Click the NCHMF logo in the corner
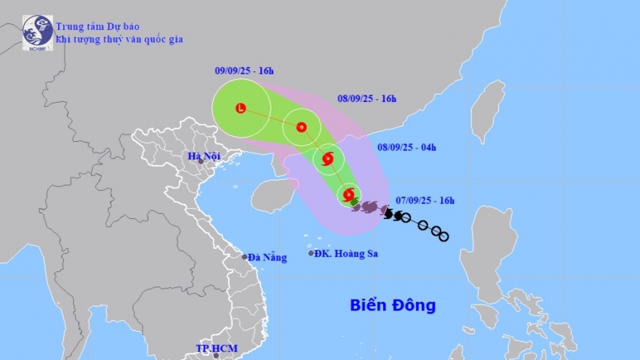pyautogui.click(x=37, y=33)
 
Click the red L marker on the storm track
pyautogui.click(x=241, y=108)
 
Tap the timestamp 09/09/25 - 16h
pyautogui.click(x=244, y=71)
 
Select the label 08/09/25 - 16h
pyautogui.click(x=367, y=99)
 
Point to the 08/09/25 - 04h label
pyautogui.click(x=407, y=148)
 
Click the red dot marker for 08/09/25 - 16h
pyautogui.click(x=301, y=127)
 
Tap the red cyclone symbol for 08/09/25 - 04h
pyautogui.click(x=327, y=159)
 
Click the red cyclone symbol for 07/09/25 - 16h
pyautogui.click(x=349, y=194)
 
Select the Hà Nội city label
pyautogui.click(x=204, y=156)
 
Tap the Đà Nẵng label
pyautogui.click(x=267, y=257)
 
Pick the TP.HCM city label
pyautogui.click(x=214, y=349)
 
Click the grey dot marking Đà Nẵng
pyautogui.click(x=245, y=257)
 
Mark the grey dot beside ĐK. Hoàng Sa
pyautogui.click(x=311, y=254)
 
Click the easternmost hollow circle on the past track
pyautogui.click(x=444, y=236)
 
